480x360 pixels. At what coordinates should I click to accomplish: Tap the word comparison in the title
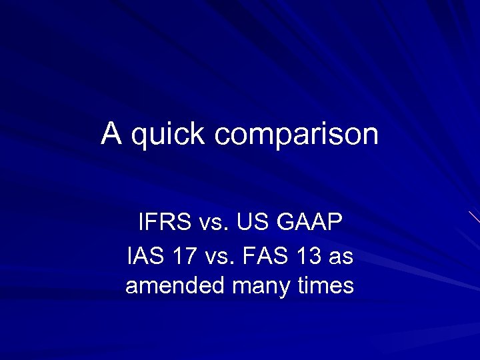tap(296, 136)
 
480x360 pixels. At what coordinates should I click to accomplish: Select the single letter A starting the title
tap(111, 133)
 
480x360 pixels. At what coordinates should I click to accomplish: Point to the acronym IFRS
tap(163, 221)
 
